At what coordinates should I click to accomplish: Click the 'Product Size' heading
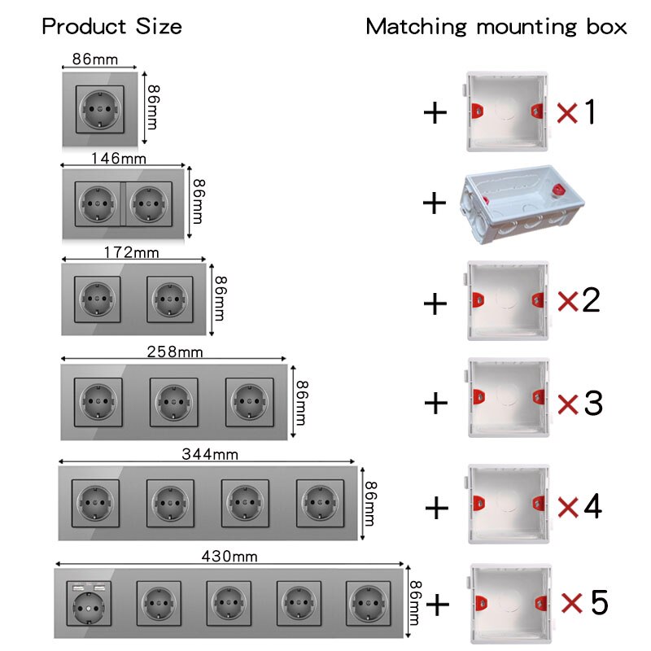(x=111, y=26)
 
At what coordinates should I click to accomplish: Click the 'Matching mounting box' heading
(x=496, y=26)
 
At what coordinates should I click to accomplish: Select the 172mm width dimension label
(x=131, y=253)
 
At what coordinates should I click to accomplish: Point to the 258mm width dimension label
(x=174, y=352)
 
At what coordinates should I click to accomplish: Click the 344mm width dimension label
(x=209, y=454)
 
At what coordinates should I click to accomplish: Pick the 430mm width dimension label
(x=229, y=557)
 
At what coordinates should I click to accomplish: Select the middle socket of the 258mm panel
(x=173, y=401)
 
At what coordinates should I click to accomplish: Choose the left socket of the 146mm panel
(x=98, y=204)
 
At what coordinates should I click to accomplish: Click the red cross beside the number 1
(x=567, y=113)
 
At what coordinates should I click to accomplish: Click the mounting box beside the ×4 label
(x=508, y=505)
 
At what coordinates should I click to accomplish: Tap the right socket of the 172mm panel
(x=170, y=298)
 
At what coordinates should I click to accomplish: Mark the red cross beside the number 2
(x=568, y=302)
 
